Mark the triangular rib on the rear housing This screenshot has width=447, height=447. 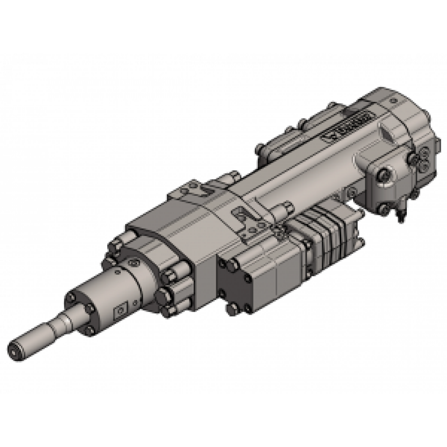click(384, 132)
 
